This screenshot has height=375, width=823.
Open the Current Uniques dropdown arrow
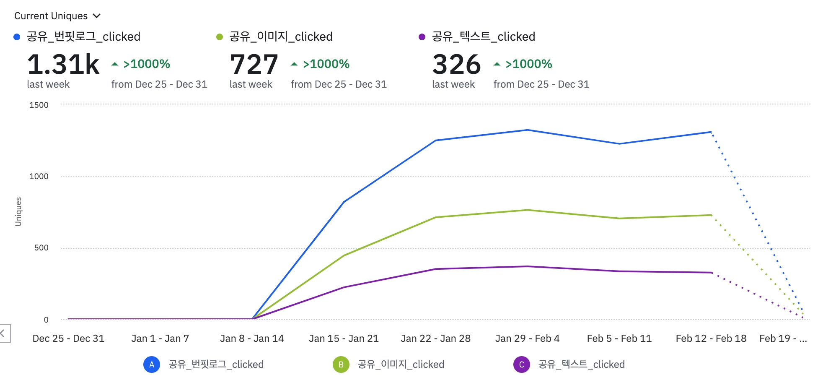(x=97, y=16)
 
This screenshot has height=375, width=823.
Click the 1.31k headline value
(x=63, y=65)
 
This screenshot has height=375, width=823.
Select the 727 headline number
(x=254, y=65)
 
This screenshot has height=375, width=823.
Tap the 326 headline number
(x=456, y=65)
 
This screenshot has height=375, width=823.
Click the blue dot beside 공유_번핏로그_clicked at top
(x=17, y=37)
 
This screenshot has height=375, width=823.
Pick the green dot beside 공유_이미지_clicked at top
(x=219, y=37)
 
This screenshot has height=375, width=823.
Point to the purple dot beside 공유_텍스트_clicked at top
(x=422, y=37)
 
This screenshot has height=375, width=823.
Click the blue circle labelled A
(x=152, y=365)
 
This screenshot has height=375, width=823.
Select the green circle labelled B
(x=341, y=365)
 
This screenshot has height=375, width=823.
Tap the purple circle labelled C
(x=521, y=365)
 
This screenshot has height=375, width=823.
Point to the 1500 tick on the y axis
(x=39, y=105)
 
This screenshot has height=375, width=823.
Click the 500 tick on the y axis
(x=41, y=248)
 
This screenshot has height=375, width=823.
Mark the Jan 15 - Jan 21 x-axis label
(x=344, y=339)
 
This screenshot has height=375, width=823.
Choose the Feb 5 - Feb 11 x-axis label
(x=619, y=339)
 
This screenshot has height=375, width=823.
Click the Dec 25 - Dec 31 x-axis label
(x=68, y=339)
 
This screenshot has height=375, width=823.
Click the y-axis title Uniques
(x=18, y=212)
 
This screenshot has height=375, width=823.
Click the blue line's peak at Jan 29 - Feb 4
(x=527, y=130)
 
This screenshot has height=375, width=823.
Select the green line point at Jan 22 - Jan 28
(x=436, y=217)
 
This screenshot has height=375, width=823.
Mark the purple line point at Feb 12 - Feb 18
(x=711, y=273)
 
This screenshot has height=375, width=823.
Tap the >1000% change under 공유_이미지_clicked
(x=326, y=64)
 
